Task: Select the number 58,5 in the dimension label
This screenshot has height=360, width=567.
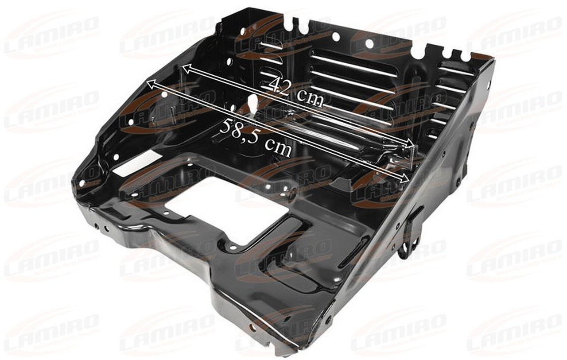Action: [238, 129]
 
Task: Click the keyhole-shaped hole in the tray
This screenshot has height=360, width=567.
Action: [253, 104]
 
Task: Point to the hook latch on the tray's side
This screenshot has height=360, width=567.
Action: [410, 235]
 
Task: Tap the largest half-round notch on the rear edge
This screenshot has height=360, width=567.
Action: [417, 52]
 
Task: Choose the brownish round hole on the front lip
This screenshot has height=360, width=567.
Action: [253, 327]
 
